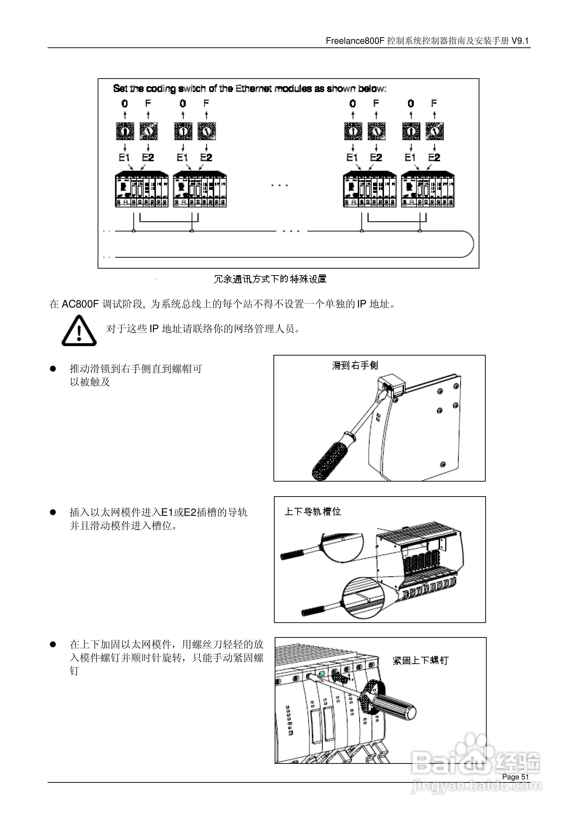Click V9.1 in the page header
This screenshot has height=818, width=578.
(520, 41)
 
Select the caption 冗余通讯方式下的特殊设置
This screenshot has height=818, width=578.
(270, 279)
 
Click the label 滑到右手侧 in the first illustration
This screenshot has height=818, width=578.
(355, 366)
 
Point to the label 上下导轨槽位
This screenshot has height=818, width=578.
(313, 512)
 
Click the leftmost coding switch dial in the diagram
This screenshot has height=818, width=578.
(125, 131)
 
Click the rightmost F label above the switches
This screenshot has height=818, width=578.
(434, 103)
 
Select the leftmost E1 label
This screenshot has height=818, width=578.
(124, 157)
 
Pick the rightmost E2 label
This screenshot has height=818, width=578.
(434, 157)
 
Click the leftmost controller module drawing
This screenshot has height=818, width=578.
(142, 189)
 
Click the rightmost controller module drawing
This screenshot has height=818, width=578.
(428, 189)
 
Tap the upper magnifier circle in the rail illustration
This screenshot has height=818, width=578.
(341, 547)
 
